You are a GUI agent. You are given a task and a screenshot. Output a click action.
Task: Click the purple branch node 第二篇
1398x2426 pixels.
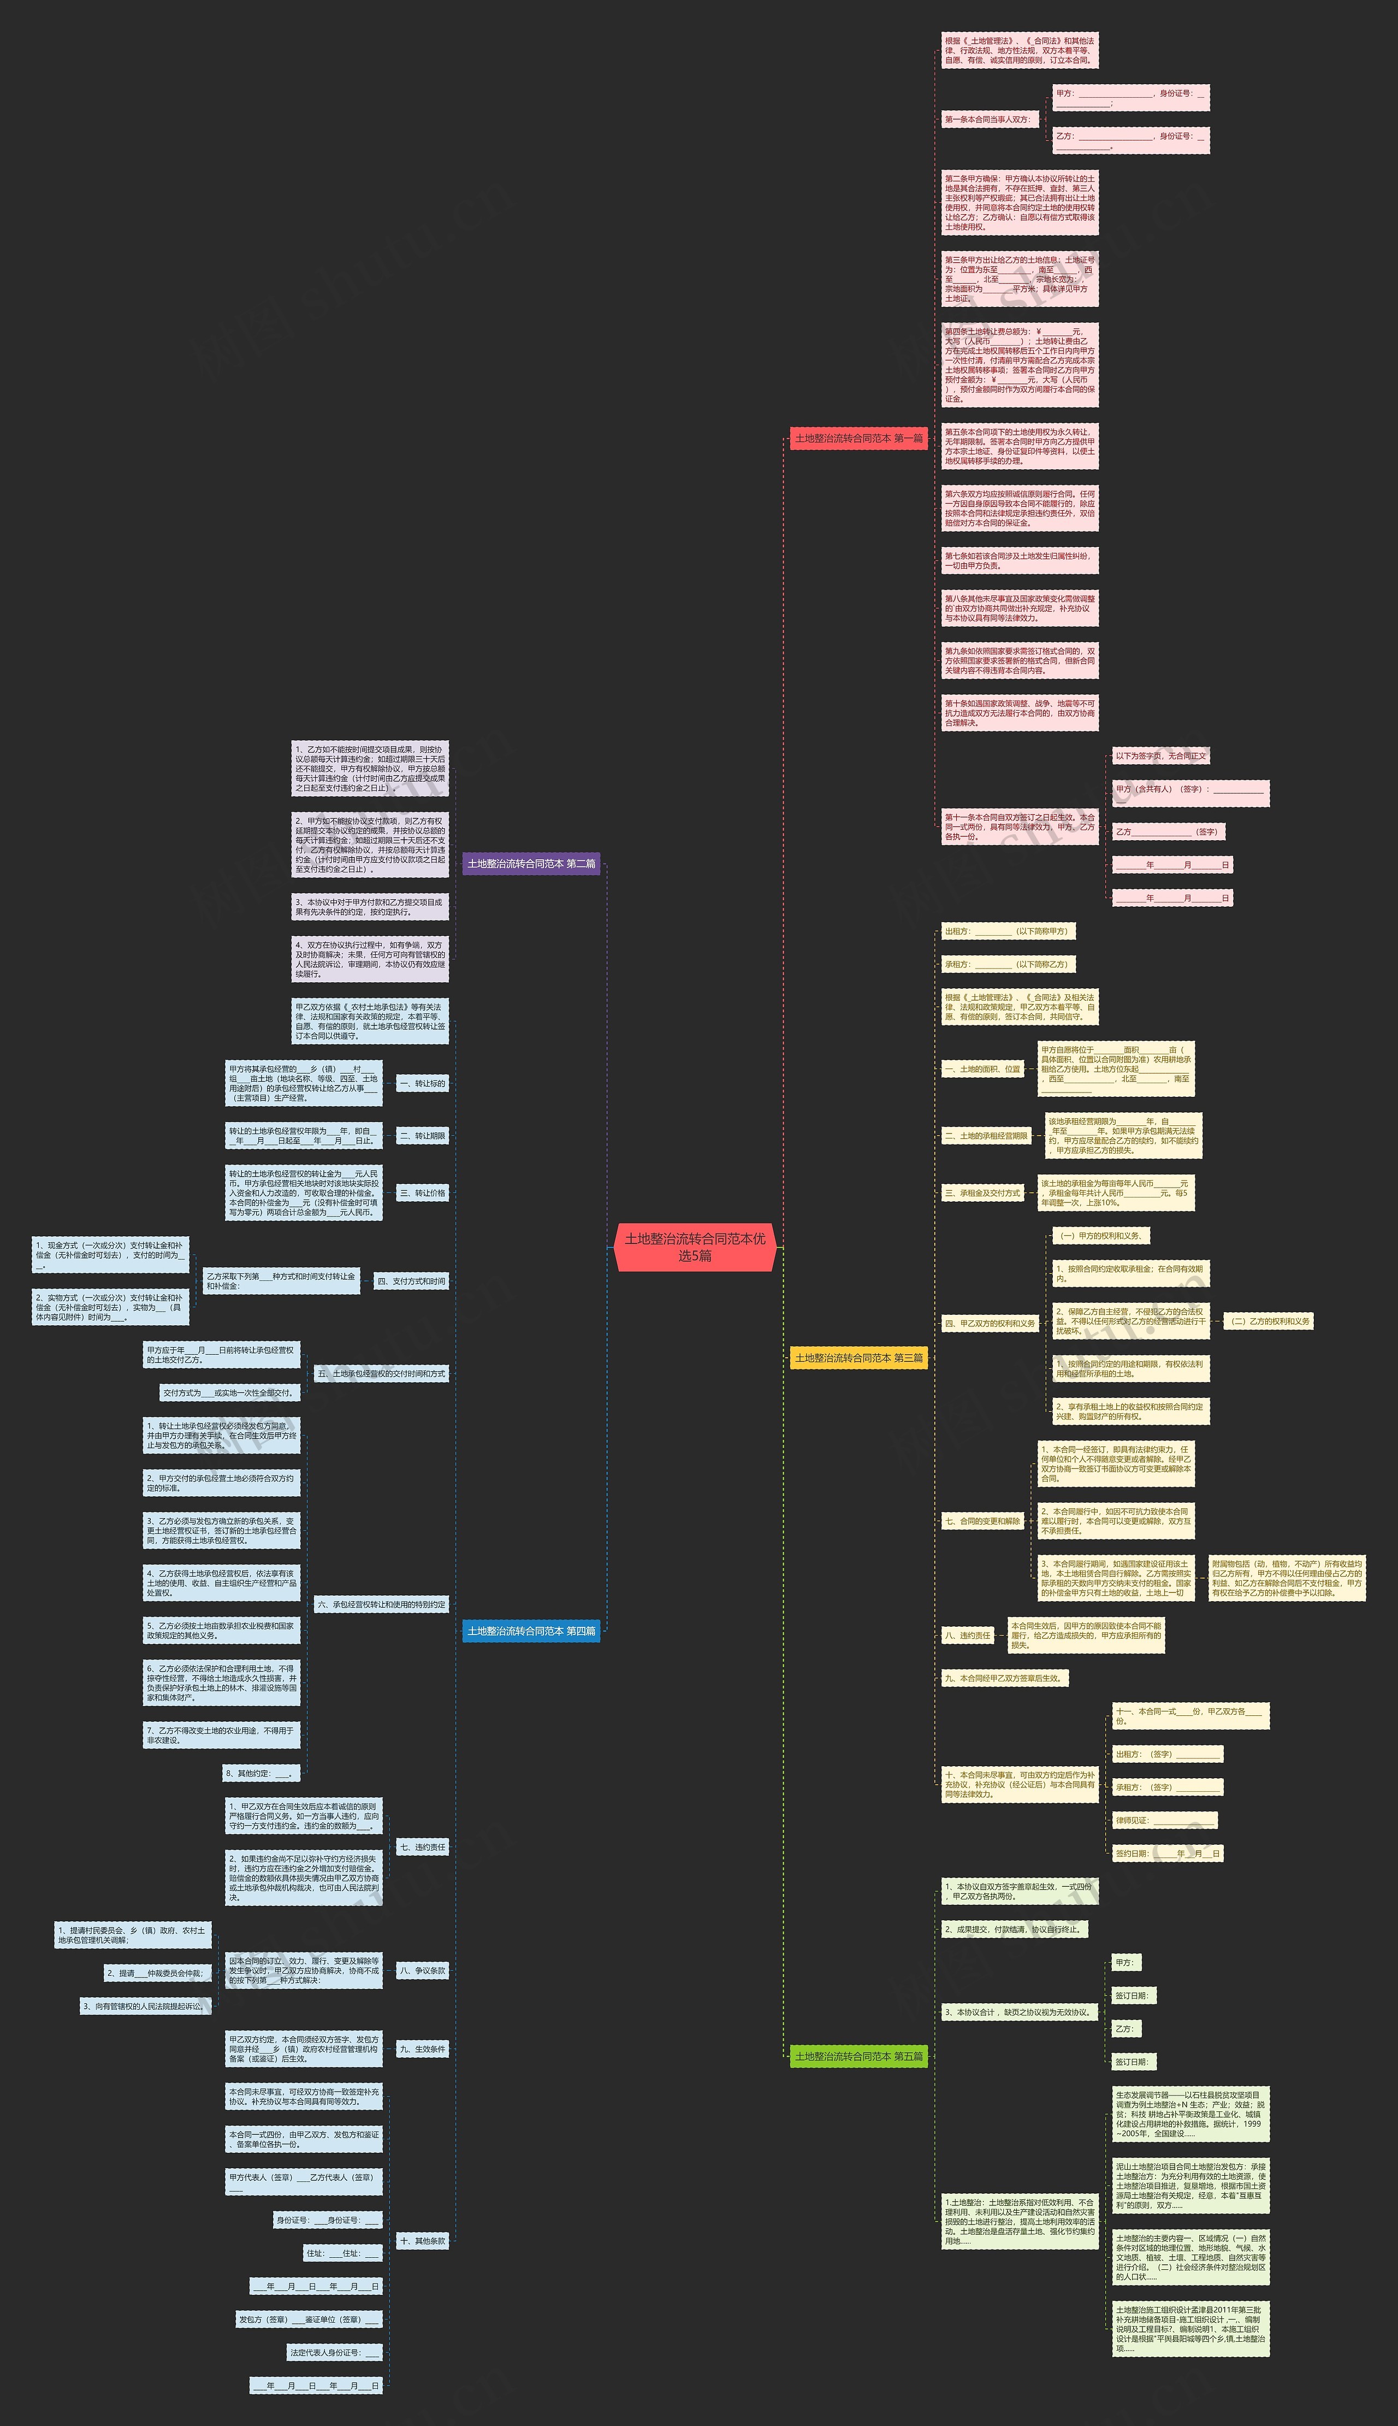[531, 864]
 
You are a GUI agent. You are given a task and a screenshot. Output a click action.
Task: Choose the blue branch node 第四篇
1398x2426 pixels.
[531, 1631]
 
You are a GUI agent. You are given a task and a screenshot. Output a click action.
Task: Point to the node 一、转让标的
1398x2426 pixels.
[423, 1083]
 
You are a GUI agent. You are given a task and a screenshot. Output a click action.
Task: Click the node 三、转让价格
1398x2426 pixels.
[423, 1193]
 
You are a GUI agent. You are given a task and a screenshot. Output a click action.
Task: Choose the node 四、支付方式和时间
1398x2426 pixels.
[411, 1281]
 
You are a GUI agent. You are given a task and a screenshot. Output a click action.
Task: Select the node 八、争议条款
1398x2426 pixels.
[423, 1971]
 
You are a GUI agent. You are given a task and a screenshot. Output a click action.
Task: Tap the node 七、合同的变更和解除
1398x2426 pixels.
[982, 1521]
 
